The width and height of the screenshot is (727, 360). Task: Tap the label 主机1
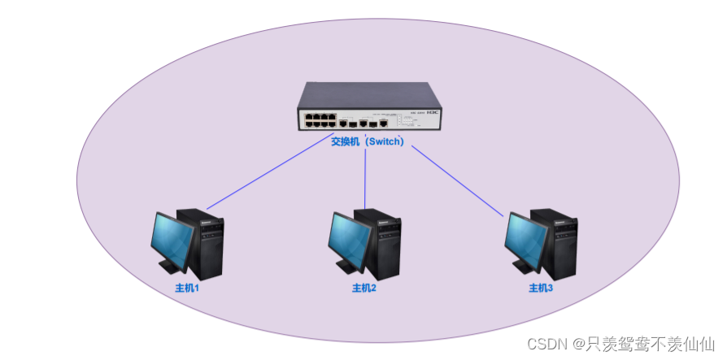[187, 288]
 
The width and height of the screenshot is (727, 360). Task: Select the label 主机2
[364, 288]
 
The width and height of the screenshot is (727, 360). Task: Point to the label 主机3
[541, 288]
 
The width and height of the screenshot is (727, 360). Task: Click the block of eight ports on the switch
[320, 120]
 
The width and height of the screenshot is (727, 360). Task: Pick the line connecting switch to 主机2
[366, 179]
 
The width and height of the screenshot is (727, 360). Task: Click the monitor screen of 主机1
[172, 239]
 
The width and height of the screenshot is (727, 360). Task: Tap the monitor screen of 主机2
[348, 239]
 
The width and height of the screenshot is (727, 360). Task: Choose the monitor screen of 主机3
[525, 239]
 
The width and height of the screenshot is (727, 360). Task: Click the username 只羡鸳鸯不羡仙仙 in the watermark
[650, 344]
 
